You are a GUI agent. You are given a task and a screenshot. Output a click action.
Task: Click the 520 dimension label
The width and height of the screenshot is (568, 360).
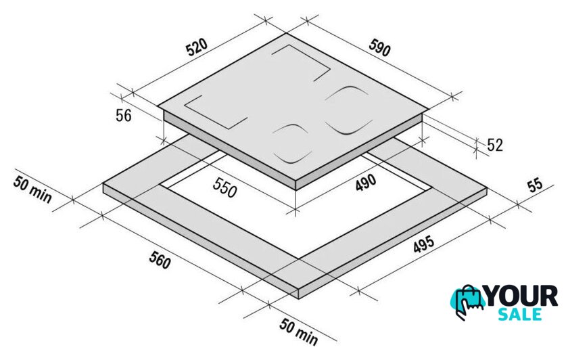(197, 47)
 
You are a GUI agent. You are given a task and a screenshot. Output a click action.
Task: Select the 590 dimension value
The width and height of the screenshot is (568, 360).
(379, 48)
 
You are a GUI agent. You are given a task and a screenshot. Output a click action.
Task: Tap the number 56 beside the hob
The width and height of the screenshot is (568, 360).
(124, 116)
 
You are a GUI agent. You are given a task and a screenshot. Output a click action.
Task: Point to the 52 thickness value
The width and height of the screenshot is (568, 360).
(495, 145)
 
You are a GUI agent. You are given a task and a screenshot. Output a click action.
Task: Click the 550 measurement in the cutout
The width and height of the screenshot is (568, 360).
(224, 187)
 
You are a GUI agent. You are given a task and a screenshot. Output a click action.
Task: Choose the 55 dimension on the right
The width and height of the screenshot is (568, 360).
(536, 185)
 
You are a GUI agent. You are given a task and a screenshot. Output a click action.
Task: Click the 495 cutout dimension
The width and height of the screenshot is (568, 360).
(423, 244)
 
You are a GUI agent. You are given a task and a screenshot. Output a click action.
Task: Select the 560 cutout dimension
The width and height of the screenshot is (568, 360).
(160, 260)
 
